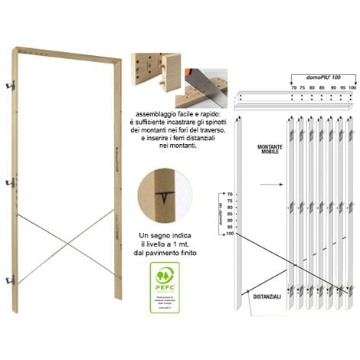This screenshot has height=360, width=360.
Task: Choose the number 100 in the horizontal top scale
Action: tap(352, 88)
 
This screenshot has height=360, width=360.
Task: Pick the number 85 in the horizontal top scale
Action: tap(322, 88)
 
